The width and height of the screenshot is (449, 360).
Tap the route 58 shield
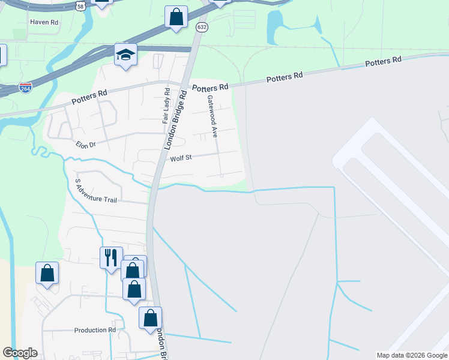click(80, 5)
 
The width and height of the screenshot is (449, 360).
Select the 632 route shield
click(202, 27)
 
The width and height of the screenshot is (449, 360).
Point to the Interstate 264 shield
click(25, 88)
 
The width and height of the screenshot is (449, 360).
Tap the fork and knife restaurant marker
click(111, 258)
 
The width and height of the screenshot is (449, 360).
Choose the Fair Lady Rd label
click(167, 106)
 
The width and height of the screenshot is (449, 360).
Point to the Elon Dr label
click(86, 145)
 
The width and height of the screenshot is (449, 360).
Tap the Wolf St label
click(180, 158)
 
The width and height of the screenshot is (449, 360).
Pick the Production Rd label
click(95, 330)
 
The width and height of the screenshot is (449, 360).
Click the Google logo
click(20, 353)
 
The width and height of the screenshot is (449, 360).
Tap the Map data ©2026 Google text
click(411, 355)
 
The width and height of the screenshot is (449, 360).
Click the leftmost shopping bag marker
click(47, 273)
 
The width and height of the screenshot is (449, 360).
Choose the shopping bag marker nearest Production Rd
click(150, 318)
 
